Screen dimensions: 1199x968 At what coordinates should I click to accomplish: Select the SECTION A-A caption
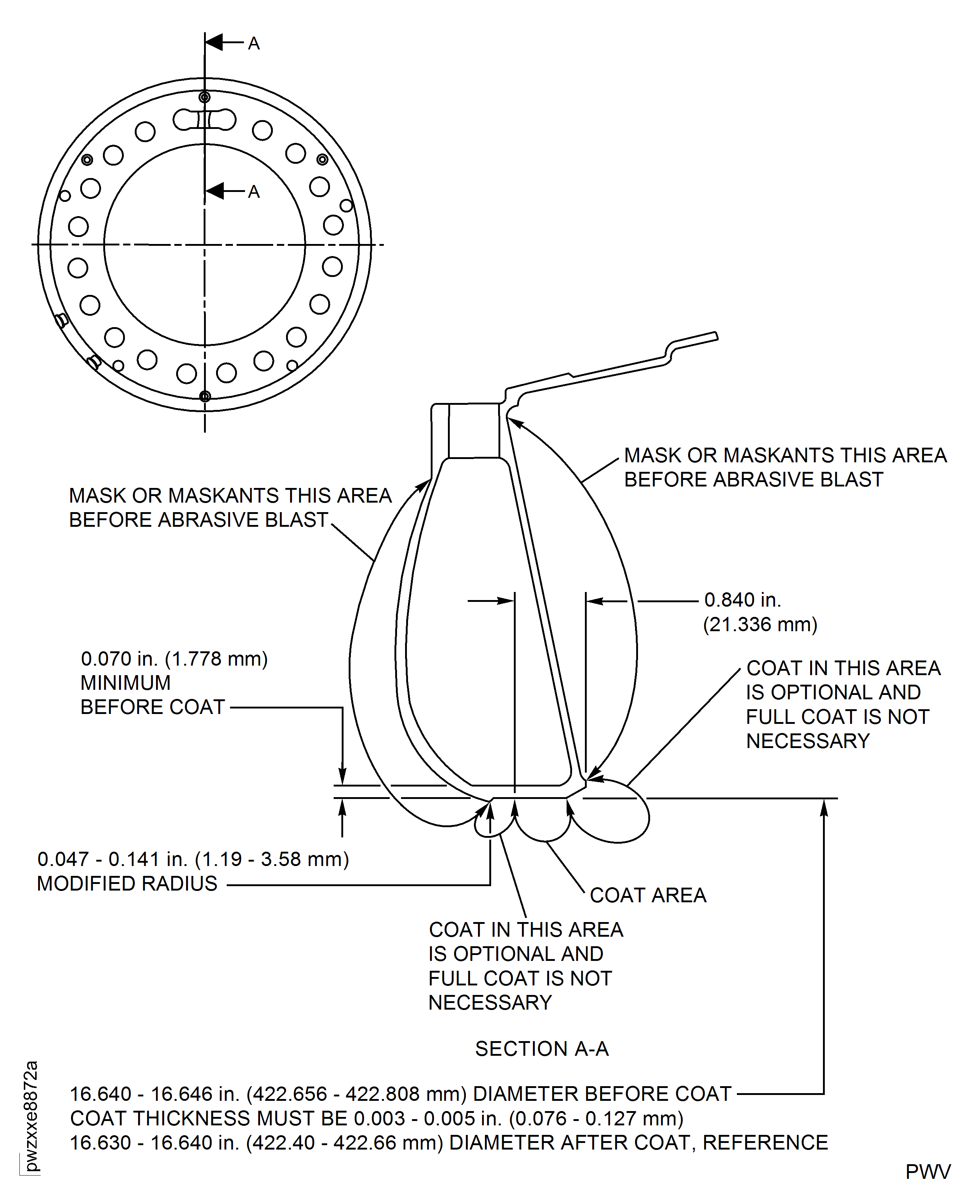point(541,1049)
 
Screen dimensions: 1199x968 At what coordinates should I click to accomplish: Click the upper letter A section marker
point(254,44)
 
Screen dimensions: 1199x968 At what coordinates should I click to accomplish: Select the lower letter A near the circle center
point(254,192)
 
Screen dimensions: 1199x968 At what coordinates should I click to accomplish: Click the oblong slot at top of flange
point(204,119)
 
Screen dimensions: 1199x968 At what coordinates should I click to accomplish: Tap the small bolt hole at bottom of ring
point(205,396)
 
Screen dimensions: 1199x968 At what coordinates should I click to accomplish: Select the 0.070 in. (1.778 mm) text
point(174,659)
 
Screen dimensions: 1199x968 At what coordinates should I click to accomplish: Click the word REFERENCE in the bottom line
point(765,1143)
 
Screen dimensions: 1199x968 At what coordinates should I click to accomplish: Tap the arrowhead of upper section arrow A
point(214,42)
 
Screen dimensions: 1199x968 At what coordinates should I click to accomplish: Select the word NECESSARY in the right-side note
point(808,741)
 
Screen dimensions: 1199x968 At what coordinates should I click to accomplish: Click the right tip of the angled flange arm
point(716,336)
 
